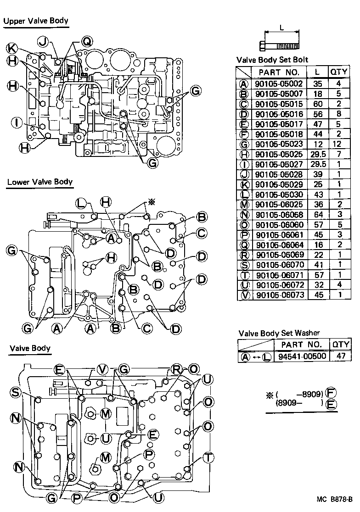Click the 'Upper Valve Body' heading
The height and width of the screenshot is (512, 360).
coord(36,21)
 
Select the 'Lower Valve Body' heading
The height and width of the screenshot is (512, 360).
coord(40,182)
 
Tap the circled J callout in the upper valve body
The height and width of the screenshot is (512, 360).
coord(43,42)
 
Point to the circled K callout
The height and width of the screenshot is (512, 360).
coord(12,48)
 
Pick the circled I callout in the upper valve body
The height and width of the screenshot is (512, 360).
coord(16,122)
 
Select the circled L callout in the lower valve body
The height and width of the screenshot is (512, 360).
coord(81,203)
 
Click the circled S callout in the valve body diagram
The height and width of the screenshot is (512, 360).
coord(16,392)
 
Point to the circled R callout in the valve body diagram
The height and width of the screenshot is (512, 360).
coord(177,369)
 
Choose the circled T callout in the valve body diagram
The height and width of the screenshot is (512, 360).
coord(208,457)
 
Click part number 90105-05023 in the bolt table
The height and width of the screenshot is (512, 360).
coord(279,143)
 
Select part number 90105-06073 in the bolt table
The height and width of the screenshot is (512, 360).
coord(279,295)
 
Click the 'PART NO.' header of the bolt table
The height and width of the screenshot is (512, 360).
coord(279,72)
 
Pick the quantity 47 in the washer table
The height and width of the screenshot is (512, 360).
coord(341,356)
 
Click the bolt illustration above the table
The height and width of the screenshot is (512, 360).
coord(280,45)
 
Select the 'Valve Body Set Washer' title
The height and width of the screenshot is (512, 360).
coord(279,333)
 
